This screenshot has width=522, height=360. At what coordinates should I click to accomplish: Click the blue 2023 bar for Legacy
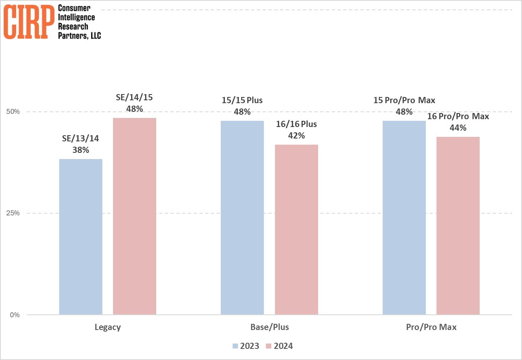pos(81,237)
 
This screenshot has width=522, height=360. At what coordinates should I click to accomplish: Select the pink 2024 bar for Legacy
pos(134,216)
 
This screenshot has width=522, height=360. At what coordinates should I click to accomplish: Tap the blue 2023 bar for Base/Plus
pos(242,218)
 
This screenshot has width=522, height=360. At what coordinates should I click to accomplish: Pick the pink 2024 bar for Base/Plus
pos(296,230)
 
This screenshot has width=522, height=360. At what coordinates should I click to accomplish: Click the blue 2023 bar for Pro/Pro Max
pos(404,218)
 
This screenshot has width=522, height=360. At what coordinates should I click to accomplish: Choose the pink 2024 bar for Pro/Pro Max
pos(458,226)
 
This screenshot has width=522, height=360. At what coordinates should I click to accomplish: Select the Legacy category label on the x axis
pos(108,328)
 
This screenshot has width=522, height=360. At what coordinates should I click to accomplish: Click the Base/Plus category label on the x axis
pos(269,328)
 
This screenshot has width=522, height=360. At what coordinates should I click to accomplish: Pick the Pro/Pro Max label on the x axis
pos(431,328)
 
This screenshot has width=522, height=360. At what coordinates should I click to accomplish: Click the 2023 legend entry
pos(246,346)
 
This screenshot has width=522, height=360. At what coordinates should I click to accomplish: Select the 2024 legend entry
pos(279,346)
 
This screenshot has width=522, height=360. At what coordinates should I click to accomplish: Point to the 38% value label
pos(81,150)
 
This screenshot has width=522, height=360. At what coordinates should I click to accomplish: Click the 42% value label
pos(296,136)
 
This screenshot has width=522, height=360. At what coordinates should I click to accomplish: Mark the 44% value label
pos(458,128)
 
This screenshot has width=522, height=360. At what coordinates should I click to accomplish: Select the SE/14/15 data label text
pos(134,98)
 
